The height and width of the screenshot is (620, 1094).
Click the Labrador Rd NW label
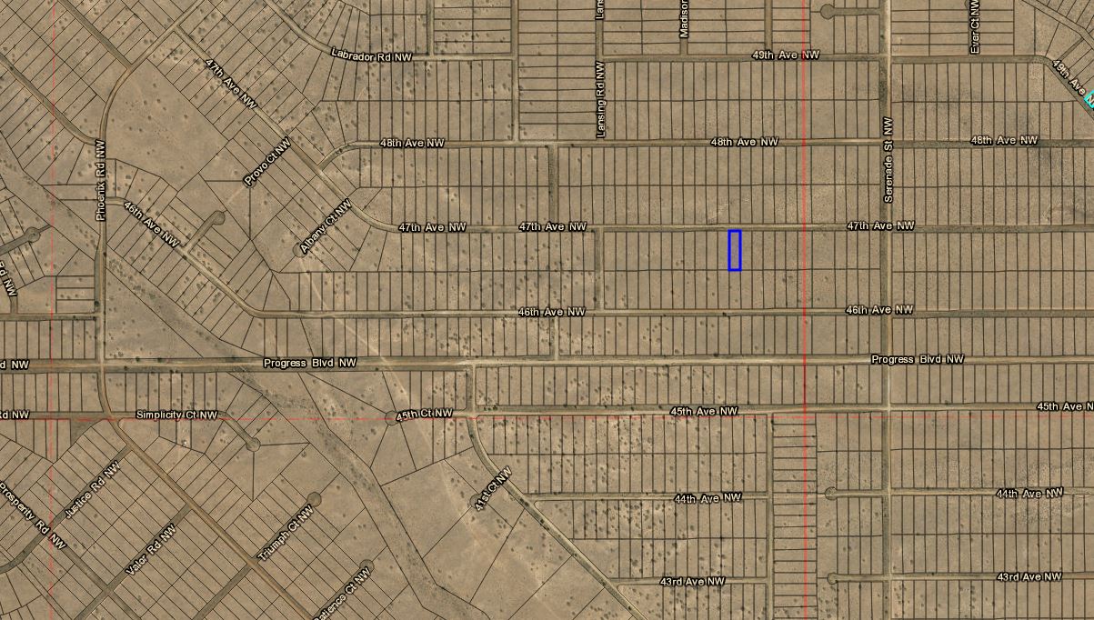click(x=371, y=55)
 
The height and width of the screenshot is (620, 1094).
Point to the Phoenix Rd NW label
click(x=101, y=180)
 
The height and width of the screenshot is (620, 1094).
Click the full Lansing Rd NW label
click(x=601, y=99)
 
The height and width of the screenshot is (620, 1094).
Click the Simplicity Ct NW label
click(x=176, y=415)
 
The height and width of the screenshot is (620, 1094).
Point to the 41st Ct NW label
click(x=493, y=489)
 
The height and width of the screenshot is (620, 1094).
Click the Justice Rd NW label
click(x=92, y=491)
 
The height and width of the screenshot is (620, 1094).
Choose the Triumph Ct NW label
click(x=279, y=541)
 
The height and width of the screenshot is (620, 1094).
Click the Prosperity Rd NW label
click(x=33, y=515)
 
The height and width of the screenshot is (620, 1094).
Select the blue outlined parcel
click(x=735, y=250)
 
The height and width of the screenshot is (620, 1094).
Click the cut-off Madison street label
click(x=684, y=18)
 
